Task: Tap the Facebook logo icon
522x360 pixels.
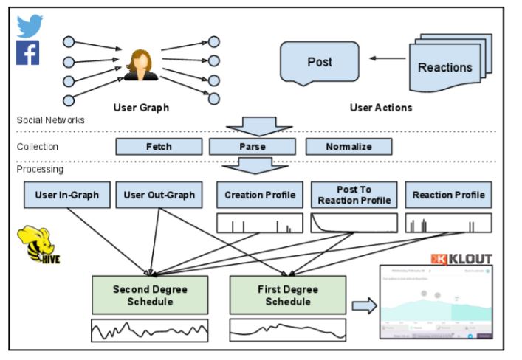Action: [28, 53]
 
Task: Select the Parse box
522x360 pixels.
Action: [253, 147]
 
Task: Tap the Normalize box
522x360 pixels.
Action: [348, 147]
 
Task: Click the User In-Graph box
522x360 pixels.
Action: [66, 195]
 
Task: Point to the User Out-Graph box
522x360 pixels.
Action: [159, 195]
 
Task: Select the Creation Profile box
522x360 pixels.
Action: [260, 195]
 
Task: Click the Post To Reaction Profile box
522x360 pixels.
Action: [354, 195]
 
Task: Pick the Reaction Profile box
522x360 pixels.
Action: [448, 195]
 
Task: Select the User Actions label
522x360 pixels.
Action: [380, 108]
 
